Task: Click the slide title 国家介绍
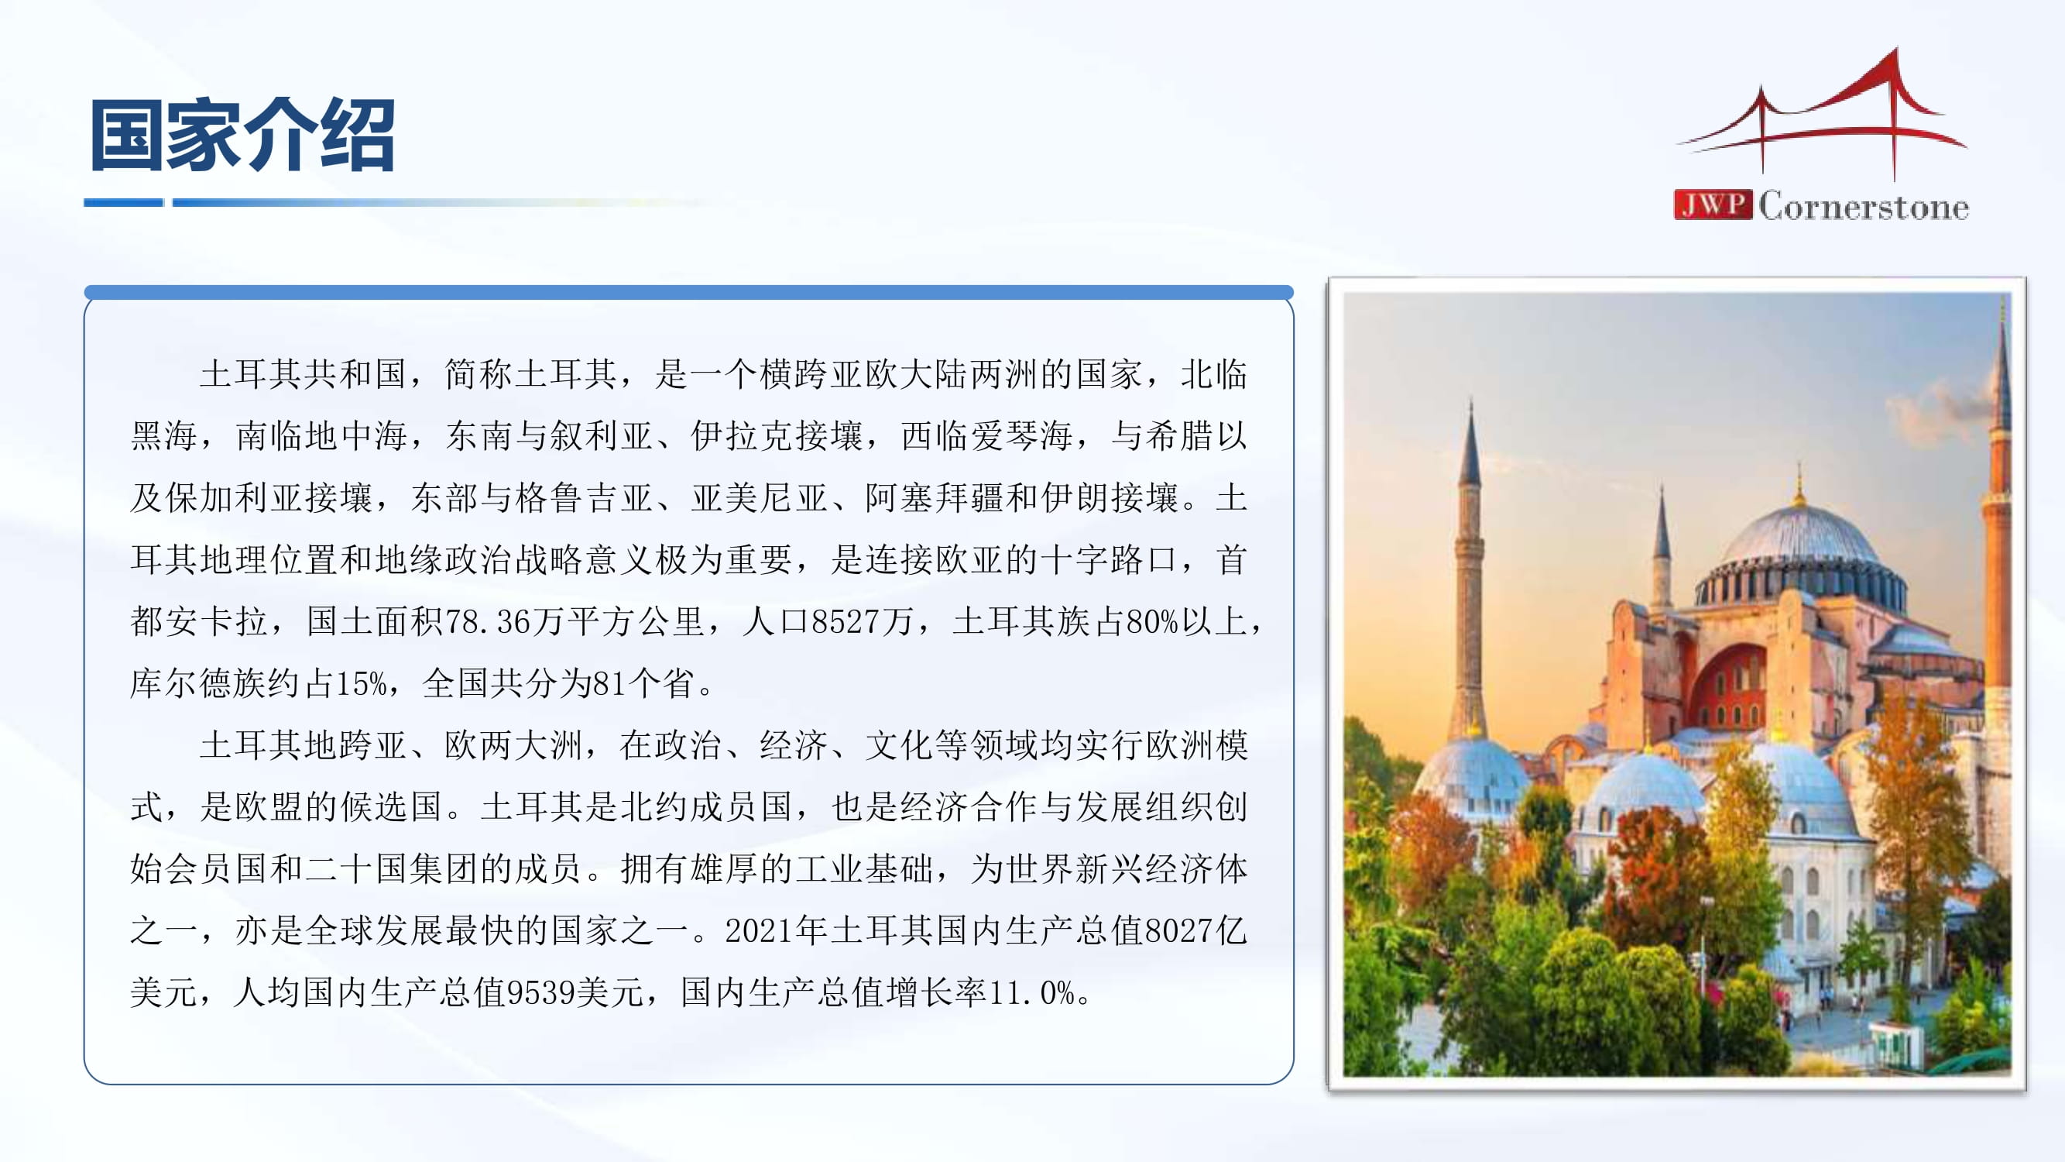242,135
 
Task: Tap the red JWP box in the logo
1712,205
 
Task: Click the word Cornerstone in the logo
1864,206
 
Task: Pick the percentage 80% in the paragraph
1153,621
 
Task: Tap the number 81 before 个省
610,683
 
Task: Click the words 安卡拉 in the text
217,621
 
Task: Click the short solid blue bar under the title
123,203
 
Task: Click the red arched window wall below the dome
1728,686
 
